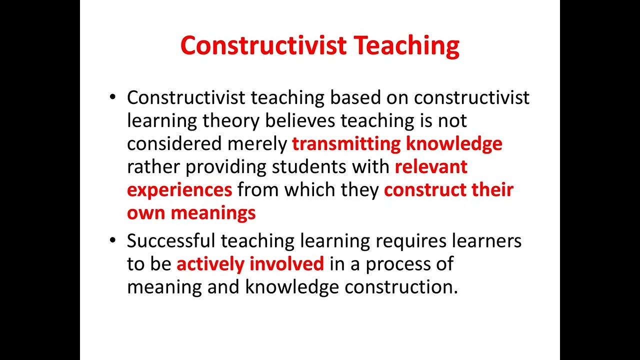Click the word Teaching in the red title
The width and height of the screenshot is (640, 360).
(x=406, y=46)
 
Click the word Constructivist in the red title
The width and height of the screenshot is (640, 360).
(x=263, y=46)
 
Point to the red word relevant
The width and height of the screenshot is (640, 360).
(x=431, y=167)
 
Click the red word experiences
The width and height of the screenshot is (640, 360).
(x=179, y=190)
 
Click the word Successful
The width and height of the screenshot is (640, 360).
(x=171, y=241)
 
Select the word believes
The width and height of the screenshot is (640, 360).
(x=300, y=120)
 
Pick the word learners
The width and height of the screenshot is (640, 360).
(x=486, y=241)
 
